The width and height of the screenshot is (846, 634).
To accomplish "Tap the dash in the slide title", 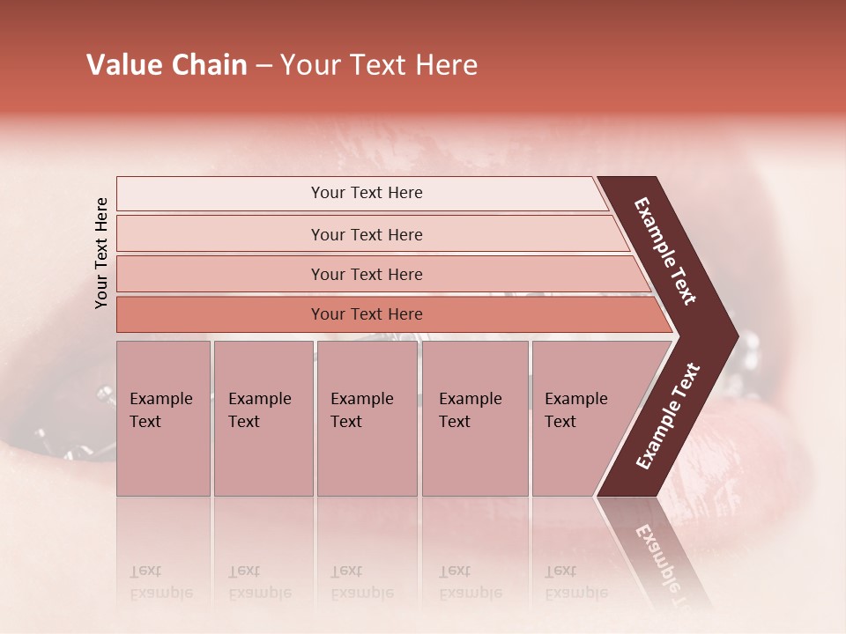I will (263, 66).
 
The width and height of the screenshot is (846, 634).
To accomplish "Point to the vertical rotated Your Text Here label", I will (101, 254).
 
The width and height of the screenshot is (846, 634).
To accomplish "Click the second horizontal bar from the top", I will (367, 234).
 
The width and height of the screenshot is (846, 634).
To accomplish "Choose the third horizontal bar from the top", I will (367, 274).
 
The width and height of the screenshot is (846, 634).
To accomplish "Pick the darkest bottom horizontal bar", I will (367, 314).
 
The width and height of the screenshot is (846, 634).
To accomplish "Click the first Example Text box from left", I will (163, 418).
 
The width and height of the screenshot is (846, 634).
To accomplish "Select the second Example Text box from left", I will (263, 418).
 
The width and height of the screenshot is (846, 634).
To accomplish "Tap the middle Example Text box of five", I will (367, 418).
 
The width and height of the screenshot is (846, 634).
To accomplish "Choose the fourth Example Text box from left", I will (474, 418).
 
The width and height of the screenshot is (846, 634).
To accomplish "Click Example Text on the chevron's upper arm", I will (665, 251).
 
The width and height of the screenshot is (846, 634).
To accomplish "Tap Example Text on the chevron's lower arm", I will (667, 417).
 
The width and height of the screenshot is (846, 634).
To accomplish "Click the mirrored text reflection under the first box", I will (160, 583).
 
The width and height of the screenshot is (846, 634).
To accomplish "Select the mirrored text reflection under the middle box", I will (361, 583).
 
